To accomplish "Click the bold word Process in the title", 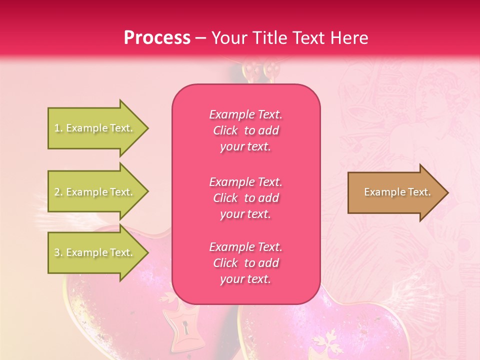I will coord(157,37).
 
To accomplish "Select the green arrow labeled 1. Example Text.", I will coord(95,128).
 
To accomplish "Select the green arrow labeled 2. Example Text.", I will coord(95,192).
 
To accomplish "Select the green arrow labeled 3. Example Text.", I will coord(95,252).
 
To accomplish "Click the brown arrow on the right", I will coord(395,192).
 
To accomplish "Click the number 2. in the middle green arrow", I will coord(58,192).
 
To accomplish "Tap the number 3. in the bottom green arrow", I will coord(58,252).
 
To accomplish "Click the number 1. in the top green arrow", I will coord(58,128).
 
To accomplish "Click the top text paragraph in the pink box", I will coord(245,130).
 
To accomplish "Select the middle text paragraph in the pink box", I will coord(245,198).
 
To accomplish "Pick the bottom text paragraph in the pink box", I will coord(245,263).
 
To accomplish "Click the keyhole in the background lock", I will coord(185,328).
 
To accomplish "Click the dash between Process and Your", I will coord(200,38).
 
